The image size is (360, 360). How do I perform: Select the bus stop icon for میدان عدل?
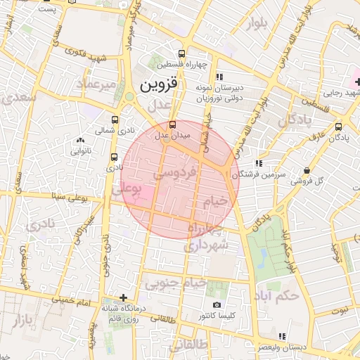tap(174, 124)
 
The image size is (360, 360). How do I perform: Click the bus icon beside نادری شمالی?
tap(115, 120)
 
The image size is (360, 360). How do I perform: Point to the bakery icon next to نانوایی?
tap(79, 139)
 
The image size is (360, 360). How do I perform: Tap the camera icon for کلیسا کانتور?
tap(217, 304)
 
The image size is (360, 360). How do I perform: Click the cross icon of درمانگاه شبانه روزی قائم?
tap(124, 297)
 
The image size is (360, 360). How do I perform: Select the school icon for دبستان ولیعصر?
tap(282, 336)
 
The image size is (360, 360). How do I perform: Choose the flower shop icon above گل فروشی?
tap(307, 171)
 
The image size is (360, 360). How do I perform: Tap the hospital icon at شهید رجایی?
tap(357, 82)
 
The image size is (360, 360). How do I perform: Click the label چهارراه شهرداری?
tap(206, 239)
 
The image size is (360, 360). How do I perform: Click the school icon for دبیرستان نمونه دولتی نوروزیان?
tap(219, 77)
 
